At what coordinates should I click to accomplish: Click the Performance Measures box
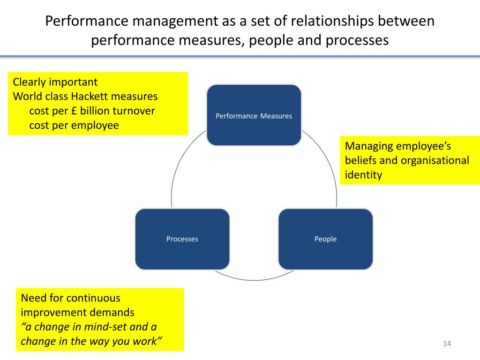[x=254, y=115]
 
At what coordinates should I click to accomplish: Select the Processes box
[x=182, y=239]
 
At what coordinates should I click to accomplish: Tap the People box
[x=325, y=239]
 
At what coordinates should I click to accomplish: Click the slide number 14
[x=446, y=345]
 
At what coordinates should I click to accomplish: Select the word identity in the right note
[x=363, y=175]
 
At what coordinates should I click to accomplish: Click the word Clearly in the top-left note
[x=29, y=82]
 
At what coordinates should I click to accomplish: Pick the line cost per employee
[x=74, y=125]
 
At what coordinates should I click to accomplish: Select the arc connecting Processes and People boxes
[x=254, y=279]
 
